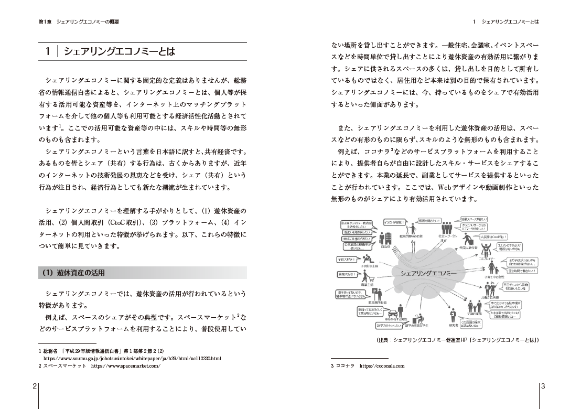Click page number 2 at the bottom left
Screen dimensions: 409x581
(35, 386)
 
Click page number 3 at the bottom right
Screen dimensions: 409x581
(543, 386)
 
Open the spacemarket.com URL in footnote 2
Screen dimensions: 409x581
(125, 366)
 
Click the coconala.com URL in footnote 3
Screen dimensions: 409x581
(382, 366)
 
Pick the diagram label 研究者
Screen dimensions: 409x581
(454, 325)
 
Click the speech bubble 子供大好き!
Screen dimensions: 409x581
(348, 259)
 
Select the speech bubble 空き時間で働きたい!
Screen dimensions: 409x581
(522, 271)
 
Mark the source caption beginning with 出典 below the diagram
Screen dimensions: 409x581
(458, 340)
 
